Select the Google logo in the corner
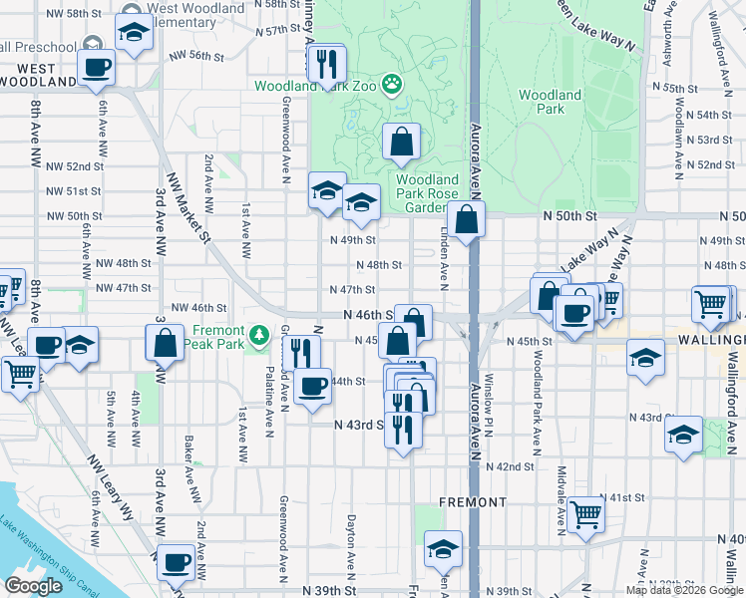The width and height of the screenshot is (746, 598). pyautogui.click(x=34, y=586)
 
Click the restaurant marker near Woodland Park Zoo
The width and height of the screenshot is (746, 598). pyautogui.click(x=326, y=66)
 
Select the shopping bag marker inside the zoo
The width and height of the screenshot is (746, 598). pyautogui.click(x=401, y=144)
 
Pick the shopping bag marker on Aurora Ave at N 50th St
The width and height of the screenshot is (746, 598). pyautogui.click(x=466, y=219)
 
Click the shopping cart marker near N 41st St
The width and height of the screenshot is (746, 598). pyautogui.click(x=585, y=514)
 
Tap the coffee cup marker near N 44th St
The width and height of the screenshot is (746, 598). pyautogui.click(x=313, y=386)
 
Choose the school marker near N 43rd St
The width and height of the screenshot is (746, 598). pyautogui.click(x=683, y=435)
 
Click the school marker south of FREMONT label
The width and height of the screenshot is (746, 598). pyautogui.click(x=443, y=548)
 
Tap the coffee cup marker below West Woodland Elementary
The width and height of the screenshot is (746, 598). pyautogui.click(x=97, y=68)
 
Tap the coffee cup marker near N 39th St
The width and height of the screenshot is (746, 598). pyautogui.click(x=176, y=561)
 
